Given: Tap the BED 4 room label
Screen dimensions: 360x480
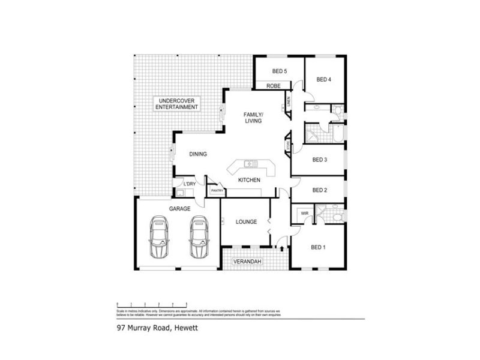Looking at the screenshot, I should pyautogui.click(x=324, y=79).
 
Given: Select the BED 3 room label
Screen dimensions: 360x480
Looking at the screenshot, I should pyautogui.click(x=320, y=160).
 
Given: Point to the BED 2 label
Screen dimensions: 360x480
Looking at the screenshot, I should pyautogui.click(x=320, y=190).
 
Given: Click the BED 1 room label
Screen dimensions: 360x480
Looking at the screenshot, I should pyautogui.click(x=318, y=247).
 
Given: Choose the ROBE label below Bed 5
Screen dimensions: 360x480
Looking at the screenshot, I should pyautogui.click(x=274, y=86).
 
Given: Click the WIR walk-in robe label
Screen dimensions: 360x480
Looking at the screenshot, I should pyautogui.click(x=304, y=213).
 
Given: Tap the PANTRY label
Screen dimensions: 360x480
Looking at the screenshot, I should pyautogui.click(x=217, y=191).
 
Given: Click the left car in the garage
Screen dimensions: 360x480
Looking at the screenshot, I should pyautogui.click(x=160, y=237).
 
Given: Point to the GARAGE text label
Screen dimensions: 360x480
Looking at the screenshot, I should pyautogui.click(x=179, y=209).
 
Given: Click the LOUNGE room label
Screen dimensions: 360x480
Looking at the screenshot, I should pyautogui.click(x=246, y=222).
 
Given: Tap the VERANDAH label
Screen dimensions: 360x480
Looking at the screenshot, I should pyautogui.click(x=252, y=262).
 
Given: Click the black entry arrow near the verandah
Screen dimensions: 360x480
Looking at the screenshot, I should pyautogui.click(x=281, y=247).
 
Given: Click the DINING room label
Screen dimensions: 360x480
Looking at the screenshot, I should pyautogui.click(x=198, y=154).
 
